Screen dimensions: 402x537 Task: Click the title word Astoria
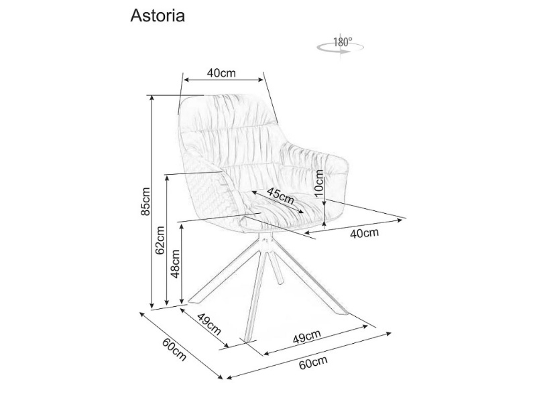[157, 16]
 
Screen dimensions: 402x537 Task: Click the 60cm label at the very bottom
[312, 363]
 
